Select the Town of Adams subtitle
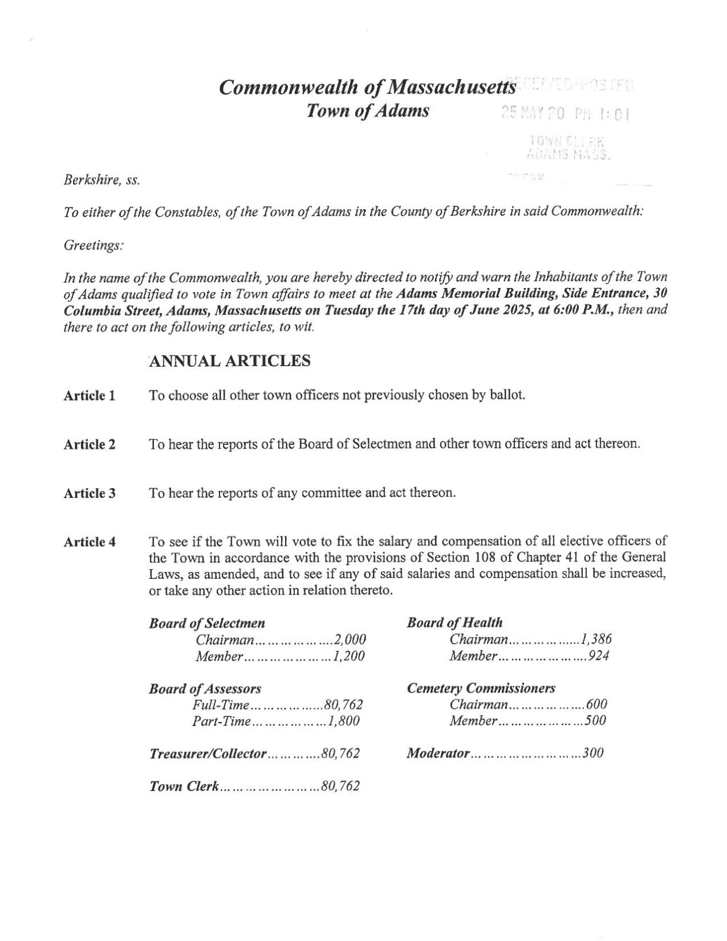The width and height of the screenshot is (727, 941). (x=368, y=110)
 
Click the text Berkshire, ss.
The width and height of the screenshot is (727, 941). (x=102, y=180)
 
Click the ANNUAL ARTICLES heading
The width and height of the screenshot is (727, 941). (x=230, y=361)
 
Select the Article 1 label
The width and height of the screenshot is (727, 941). (x=90, y=395)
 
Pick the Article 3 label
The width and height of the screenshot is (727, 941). (x=90, y=493)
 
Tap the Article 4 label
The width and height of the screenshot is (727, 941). (x=90, y=542)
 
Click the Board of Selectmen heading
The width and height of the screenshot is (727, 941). (x=207, y=623)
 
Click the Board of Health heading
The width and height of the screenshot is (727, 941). (x=455, y=623)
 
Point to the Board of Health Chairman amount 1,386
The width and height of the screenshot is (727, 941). (x=596, y=639)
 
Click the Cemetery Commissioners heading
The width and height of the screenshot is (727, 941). (x=481, y=688)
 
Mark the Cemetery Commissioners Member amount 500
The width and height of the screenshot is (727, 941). (x=595, y=720)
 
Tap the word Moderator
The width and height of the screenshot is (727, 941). (x=438, y=753)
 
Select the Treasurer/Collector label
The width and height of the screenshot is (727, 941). (x=207, y=753)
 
